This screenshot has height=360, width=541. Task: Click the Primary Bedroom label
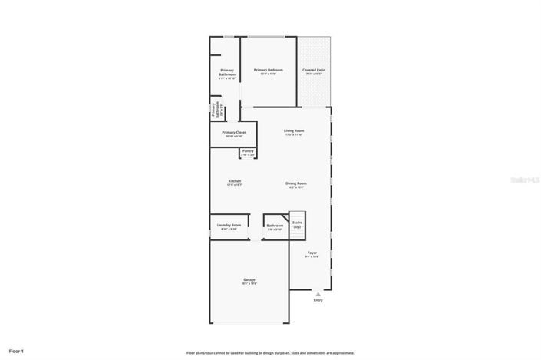[x=268, y=70]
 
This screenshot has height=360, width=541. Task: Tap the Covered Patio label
[x=313, y=70]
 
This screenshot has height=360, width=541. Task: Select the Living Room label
[x=294, y=131]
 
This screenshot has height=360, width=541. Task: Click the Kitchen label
[x=234, y=182]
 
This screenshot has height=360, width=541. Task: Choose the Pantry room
[x=248, y=152]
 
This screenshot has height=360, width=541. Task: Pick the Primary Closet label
[x=234, y=134]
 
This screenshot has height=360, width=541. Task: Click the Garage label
[x=249, y=280]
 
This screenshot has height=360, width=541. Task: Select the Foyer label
[x=312, y=253]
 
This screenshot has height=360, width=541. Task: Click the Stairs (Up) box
[x=297, y=224]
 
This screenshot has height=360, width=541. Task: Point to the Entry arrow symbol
[x=318, y=292]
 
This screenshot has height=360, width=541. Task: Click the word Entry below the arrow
[x=318, y=300]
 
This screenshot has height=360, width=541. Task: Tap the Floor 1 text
[x=17, y=351]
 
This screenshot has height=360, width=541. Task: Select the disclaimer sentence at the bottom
[x=270, y=352]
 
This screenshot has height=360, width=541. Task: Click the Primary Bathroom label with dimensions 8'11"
[x=227, y=74]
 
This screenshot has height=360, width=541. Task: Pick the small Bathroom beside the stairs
[x=274, y=226]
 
